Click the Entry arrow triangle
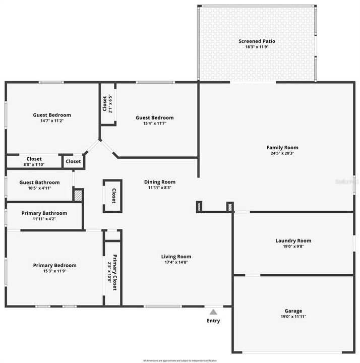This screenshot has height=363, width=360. [x=213, y=312]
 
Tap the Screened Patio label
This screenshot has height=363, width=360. [x=257, y=41]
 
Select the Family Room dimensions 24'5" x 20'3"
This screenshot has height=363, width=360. [x=282, y=153]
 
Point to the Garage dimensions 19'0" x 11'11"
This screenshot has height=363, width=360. [x=293, y=317]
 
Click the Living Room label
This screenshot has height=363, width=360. [x=176, y=257]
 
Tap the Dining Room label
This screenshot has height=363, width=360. [x=160, y=182]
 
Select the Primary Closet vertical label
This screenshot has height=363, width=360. [x=114, y=272]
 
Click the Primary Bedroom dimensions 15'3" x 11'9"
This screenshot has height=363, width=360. [x=55, y=271]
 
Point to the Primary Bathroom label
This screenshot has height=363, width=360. [x=44, y=213]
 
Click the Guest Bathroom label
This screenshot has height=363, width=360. [x=40, y=183]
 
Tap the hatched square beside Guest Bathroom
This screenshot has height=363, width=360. [x=78, y=195]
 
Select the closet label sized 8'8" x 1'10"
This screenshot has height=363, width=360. [x=34, y=159]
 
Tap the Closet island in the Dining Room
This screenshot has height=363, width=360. [x=113, y=195]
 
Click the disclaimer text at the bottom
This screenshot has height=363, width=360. [x=179, y=360]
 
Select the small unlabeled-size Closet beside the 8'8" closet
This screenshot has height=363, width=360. [x=73, y=161]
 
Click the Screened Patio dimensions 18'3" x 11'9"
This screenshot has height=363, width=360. [x=257, y=47]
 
